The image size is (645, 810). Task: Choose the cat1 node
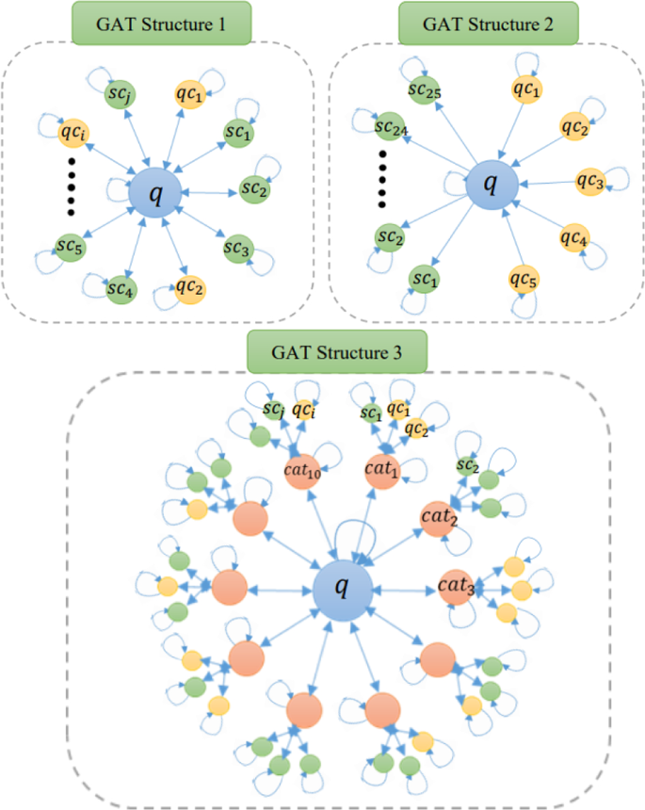coord(382,469)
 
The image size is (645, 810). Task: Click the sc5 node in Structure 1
coord(69,248)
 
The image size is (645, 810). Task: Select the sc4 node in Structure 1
coord(120,287)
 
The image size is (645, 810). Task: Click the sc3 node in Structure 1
coord(236,249)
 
